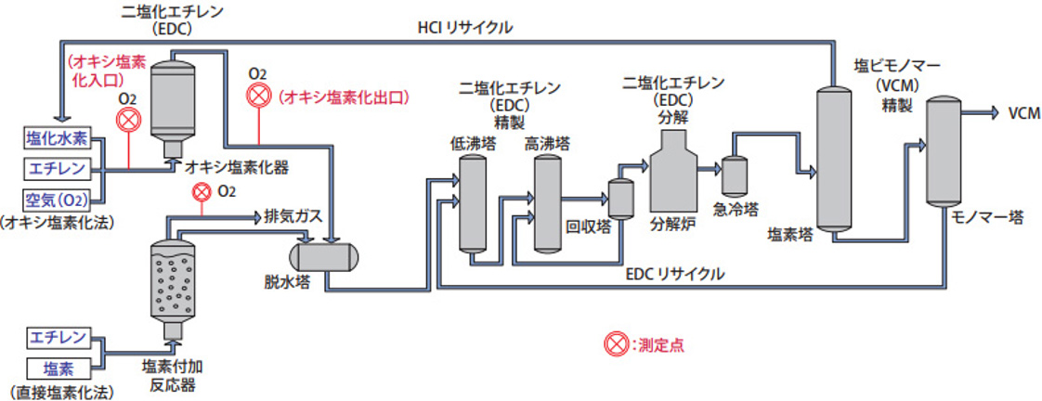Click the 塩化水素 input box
[x=57, y=139]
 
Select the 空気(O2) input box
[x=57, y=199]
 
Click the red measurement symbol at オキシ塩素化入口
[x=131, y=120]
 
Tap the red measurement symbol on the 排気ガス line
[x=200, y=192]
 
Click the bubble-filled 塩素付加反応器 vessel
[x=172, y=283]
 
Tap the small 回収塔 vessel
[x=620, y=196]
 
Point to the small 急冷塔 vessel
[x=736, y=175]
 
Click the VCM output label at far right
[x=1022, y=113]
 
